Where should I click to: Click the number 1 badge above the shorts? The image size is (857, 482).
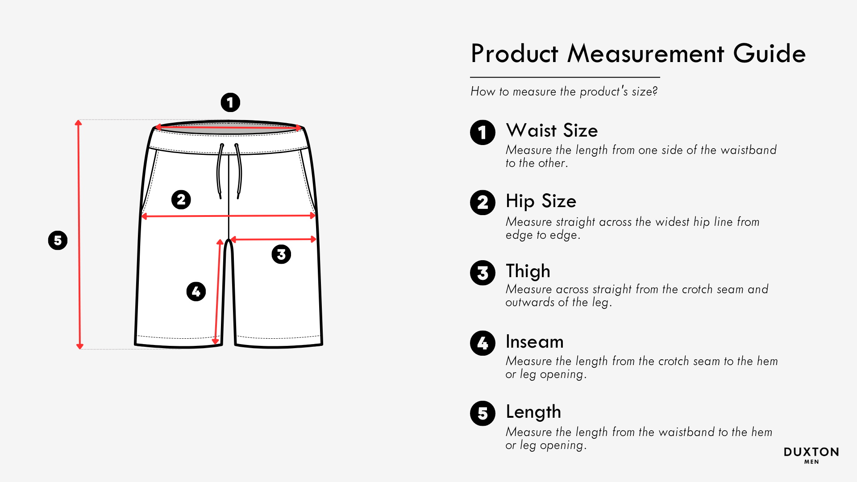(230, 103)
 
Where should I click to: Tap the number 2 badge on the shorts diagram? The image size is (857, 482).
(181, 199)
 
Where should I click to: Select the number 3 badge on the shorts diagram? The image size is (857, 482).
(281, 254)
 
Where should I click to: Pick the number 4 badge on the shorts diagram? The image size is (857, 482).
(196, 291)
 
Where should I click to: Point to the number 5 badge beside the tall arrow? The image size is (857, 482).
(58, 241)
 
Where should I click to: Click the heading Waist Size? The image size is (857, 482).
(552, 130)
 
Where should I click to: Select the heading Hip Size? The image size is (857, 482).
(541, 201)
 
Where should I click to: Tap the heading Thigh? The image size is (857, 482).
(528, 271)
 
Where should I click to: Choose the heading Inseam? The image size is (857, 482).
(535, 342)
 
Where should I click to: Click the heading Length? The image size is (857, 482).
(533, 412)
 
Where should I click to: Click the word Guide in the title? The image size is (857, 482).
(770, 54)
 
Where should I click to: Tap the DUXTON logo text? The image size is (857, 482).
(811, 452)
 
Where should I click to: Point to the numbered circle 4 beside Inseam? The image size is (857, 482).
(483, 343)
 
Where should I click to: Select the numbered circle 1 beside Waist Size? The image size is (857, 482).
(483, 133)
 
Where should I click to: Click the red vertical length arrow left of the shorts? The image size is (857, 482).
(79, 234)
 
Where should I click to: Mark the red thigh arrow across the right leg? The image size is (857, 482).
(273, 240)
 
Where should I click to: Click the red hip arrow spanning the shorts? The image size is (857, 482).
(229, 216)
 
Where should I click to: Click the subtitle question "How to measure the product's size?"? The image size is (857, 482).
(564, 91)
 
